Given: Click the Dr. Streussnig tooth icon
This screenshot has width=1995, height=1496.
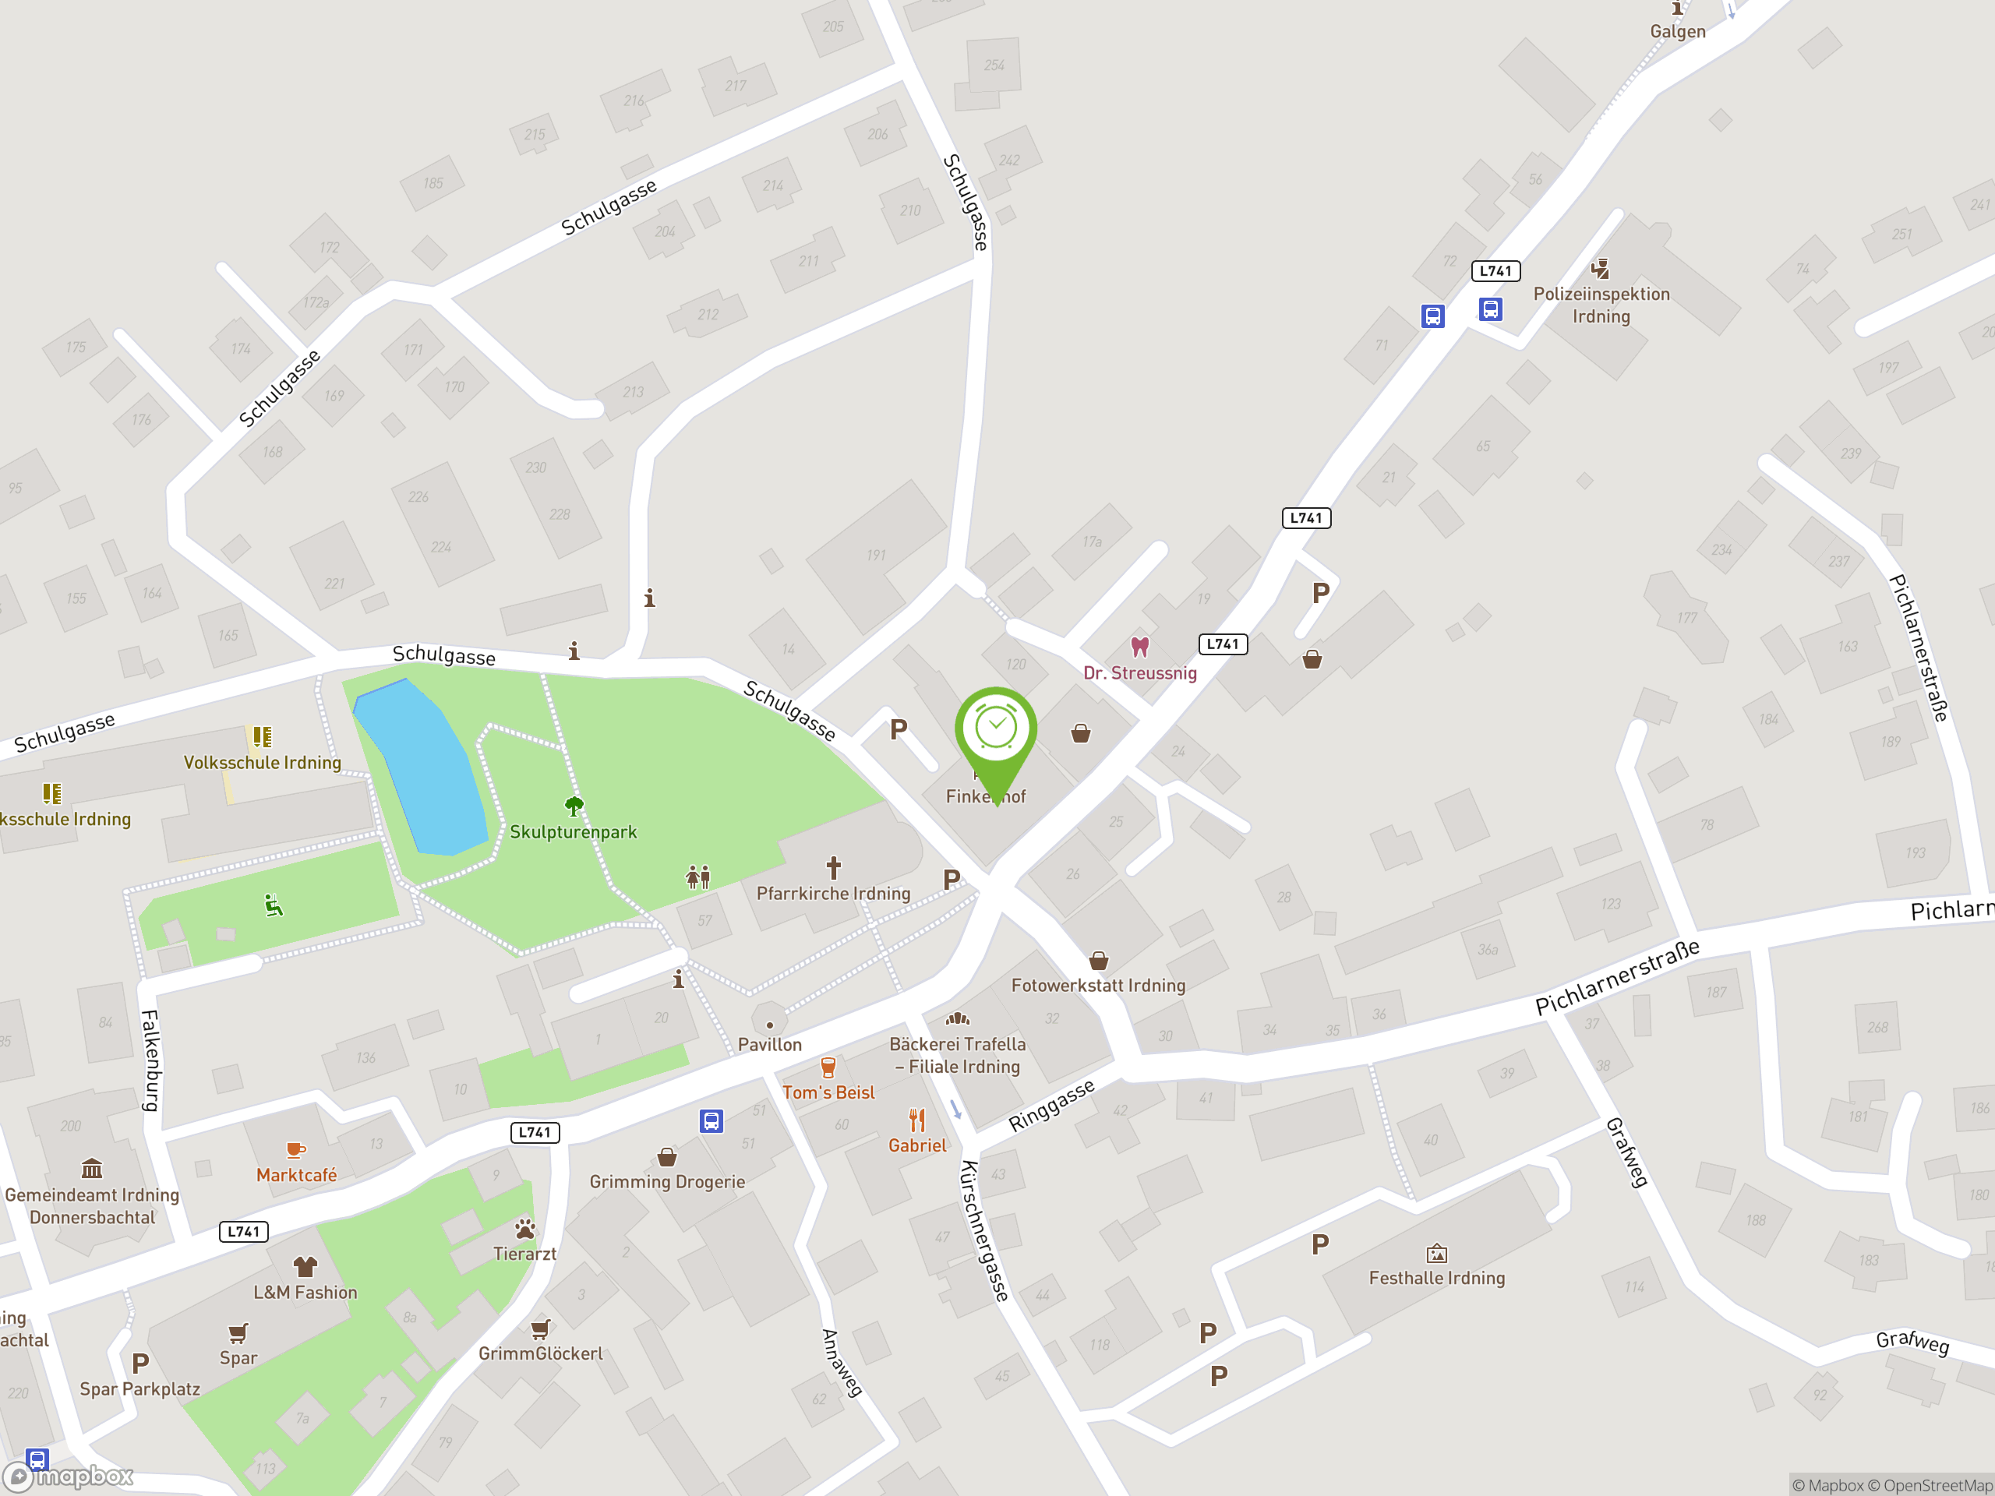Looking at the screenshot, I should coord(1140,647).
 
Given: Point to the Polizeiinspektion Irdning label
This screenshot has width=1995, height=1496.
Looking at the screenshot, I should coord(1601,305).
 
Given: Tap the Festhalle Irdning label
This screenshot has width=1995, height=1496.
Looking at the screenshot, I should coord(1437,1278).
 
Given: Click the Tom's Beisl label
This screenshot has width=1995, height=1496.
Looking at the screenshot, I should coord(828,1093).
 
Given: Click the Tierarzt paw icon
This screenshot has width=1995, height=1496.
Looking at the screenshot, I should coord(525,1228).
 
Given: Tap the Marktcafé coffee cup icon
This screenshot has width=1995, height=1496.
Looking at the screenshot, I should coord(295,1150).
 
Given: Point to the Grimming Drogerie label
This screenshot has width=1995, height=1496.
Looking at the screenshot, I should coord(666,1181).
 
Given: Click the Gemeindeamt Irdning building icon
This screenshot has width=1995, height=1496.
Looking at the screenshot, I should coord(92,1170).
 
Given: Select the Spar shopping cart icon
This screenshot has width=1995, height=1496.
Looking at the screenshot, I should coord(238,1333).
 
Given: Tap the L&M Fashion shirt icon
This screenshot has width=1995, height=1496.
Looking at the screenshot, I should coord(305,1267).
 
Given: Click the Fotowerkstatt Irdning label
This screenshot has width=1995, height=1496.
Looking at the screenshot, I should coord(1097,986).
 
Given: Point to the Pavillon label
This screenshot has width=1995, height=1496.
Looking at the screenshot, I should coord(769,1044).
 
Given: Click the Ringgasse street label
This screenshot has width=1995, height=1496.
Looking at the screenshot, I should coord(1050,1106).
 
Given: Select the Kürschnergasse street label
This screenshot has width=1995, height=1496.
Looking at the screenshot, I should coord(984,1231).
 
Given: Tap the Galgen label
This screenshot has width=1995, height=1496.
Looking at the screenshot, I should coord(1678,32).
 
